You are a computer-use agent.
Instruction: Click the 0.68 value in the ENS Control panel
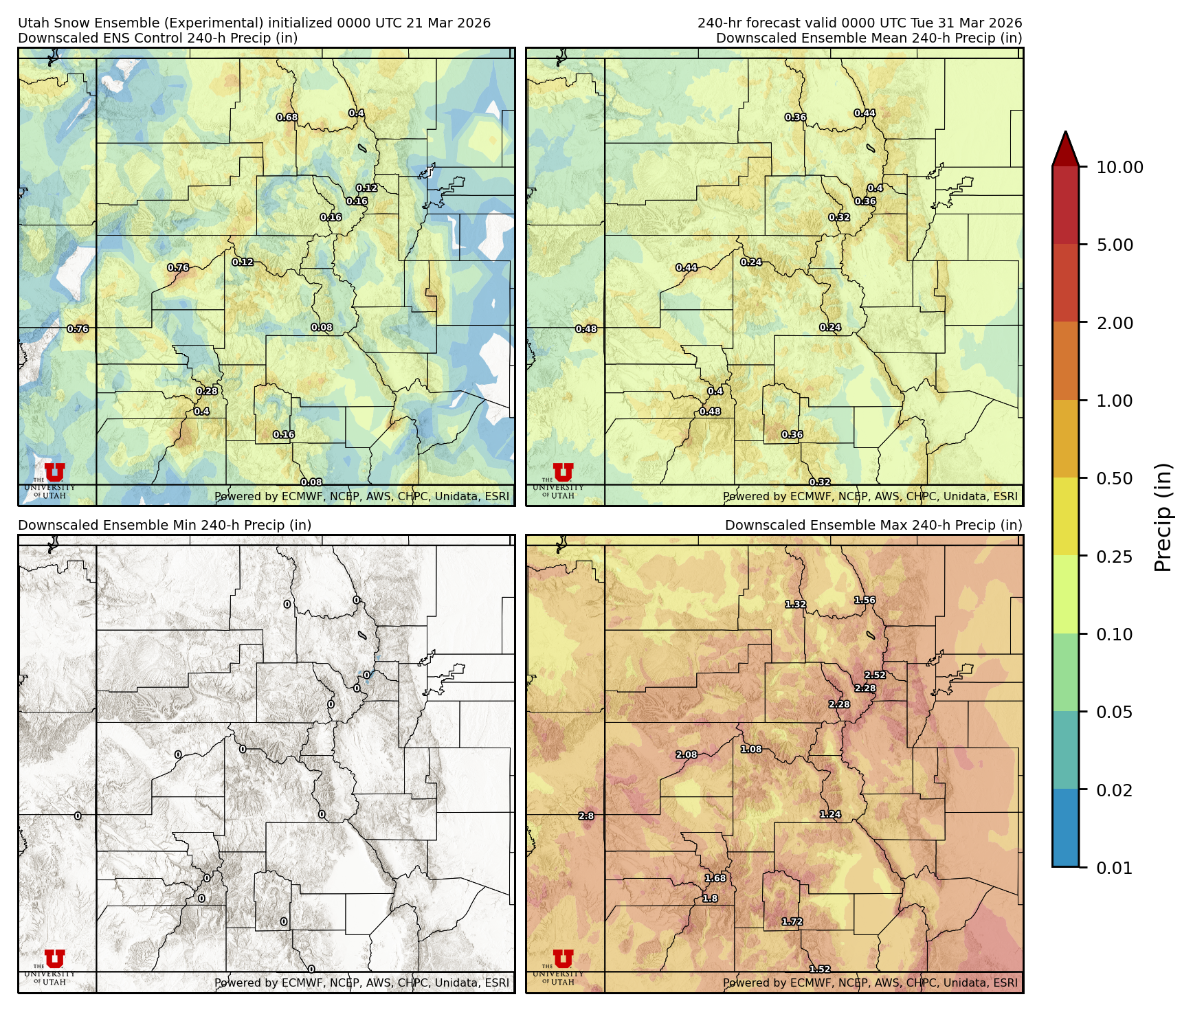(x=287, y=117)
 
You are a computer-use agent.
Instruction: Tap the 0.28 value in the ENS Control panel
(x=207, y=392)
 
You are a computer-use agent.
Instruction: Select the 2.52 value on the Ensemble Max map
(x=875, y=675)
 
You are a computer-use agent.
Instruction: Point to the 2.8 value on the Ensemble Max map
(x=586, y=816)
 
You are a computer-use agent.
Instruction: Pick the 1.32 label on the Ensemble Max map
(x=796, y=605)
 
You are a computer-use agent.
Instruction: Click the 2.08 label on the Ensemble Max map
(x=687, y=755)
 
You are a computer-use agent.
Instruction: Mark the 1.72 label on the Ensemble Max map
(x=792, y=922)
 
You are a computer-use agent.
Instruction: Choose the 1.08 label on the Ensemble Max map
(x=751, y=750)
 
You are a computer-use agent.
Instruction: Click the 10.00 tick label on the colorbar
(x=1119, y=168)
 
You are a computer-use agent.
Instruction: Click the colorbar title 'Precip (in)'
(x=1163, y=517)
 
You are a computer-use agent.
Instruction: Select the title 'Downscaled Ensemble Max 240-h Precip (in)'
(x=873, y=526)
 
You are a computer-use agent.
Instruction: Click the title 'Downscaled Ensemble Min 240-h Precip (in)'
(x=165, y=526)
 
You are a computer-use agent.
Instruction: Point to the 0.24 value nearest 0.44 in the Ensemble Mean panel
(x=751, y=262)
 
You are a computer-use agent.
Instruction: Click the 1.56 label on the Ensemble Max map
(x=865, y=601)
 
